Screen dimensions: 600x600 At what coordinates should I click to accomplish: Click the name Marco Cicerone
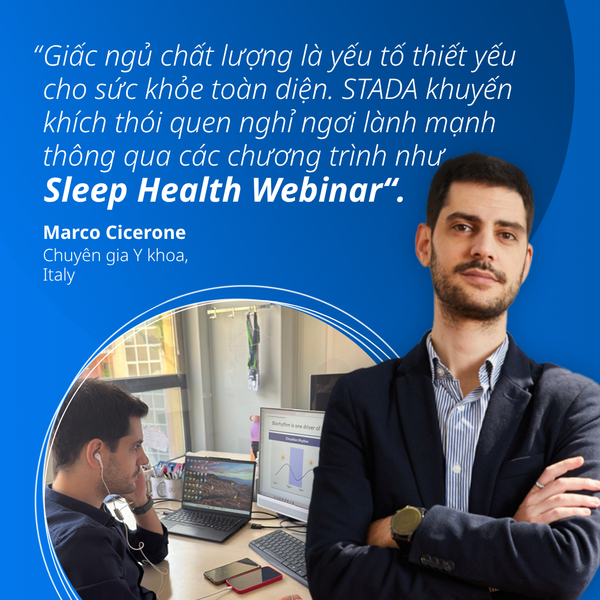point(114,232)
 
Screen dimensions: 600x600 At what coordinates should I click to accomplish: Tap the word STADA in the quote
point(379,90)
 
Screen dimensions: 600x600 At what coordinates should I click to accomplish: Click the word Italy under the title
point(59,275)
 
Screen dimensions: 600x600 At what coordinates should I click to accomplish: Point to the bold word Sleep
point(85,191)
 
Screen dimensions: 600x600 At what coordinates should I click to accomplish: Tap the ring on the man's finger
point(539,485)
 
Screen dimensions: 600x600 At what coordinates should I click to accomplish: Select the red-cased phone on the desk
point(254,579)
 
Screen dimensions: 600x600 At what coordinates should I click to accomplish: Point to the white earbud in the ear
point(99,458)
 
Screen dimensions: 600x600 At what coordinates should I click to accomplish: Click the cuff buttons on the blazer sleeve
point(437,563)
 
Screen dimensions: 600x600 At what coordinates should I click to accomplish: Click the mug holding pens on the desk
point(158,486)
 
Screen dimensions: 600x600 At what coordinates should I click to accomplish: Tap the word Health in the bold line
point(189,190)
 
